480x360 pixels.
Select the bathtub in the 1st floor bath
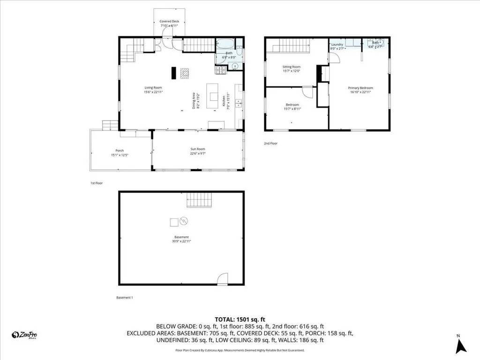[x=225, y=45]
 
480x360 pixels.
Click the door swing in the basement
[x=223, y=278]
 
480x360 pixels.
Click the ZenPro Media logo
[x=24, y=335]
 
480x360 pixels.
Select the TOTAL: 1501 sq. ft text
[x=240, y=318]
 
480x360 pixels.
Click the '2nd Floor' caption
[x=271, y=143]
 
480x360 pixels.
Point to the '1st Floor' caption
[x=96, y=183]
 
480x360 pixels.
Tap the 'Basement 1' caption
[x=125, y=298]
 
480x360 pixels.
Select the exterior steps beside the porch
[x=111, y=125]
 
